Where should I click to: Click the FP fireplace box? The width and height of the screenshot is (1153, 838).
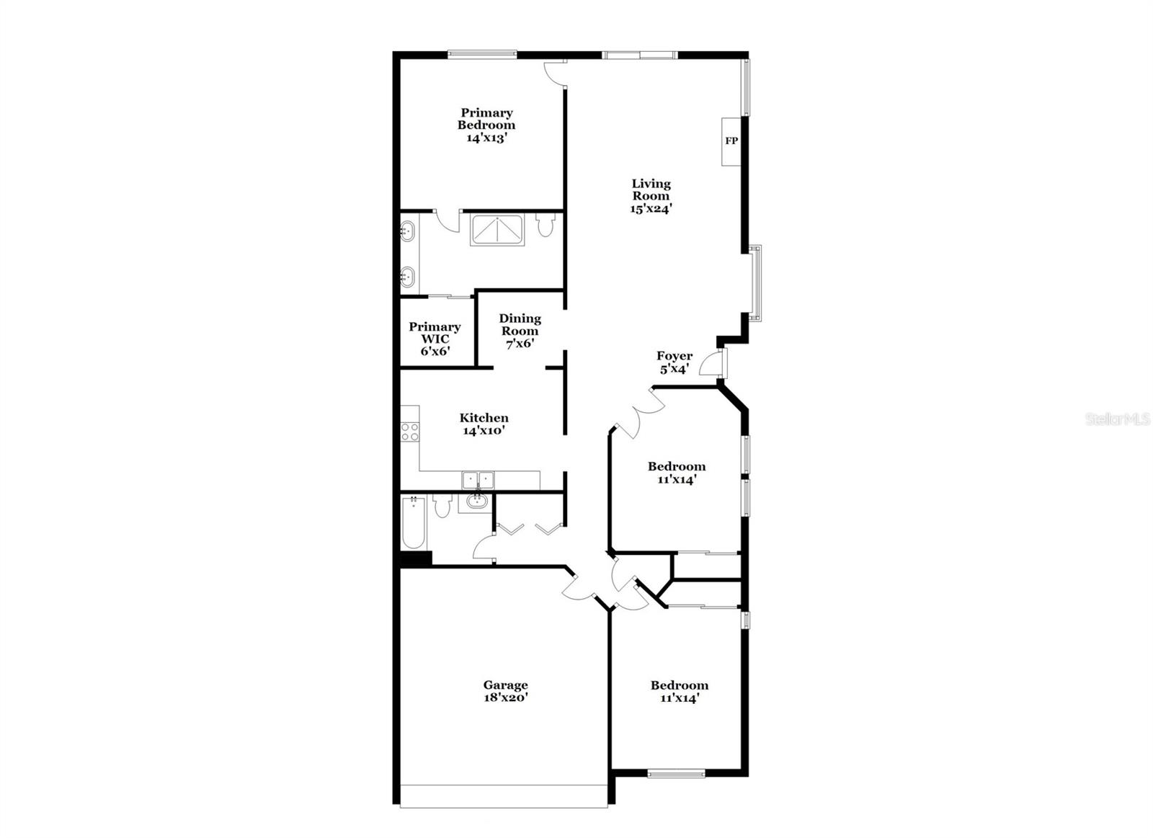pos(731,141)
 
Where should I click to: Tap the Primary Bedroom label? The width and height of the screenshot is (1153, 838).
pos(486,125)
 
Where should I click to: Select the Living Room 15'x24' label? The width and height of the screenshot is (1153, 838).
pos(651,195)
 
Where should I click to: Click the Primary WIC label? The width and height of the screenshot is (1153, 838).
pos(435,339)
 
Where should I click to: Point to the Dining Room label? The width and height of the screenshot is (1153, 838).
pos(520,331)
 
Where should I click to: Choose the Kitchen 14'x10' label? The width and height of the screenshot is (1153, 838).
pos(484,424)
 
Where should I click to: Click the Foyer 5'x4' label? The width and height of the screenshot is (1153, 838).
pos(674,362)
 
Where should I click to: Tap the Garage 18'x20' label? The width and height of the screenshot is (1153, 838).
pos(505,691)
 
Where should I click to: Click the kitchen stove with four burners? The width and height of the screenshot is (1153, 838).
pos(410,432)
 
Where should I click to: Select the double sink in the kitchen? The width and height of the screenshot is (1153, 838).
pos(478,479)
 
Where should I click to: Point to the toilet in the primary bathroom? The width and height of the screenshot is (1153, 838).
pos(546,226)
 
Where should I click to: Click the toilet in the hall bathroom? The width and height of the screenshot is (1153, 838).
pos(442,504)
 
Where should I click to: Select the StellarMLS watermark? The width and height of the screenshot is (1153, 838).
pos(1118,419)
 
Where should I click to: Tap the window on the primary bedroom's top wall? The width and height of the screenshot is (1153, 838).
pos(482,53)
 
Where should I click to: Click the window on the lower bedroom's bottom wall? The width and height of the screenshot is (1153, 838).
pos(675,774)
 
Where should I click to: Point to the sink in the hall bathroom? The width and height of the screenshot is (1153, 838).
pos(476,502)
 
